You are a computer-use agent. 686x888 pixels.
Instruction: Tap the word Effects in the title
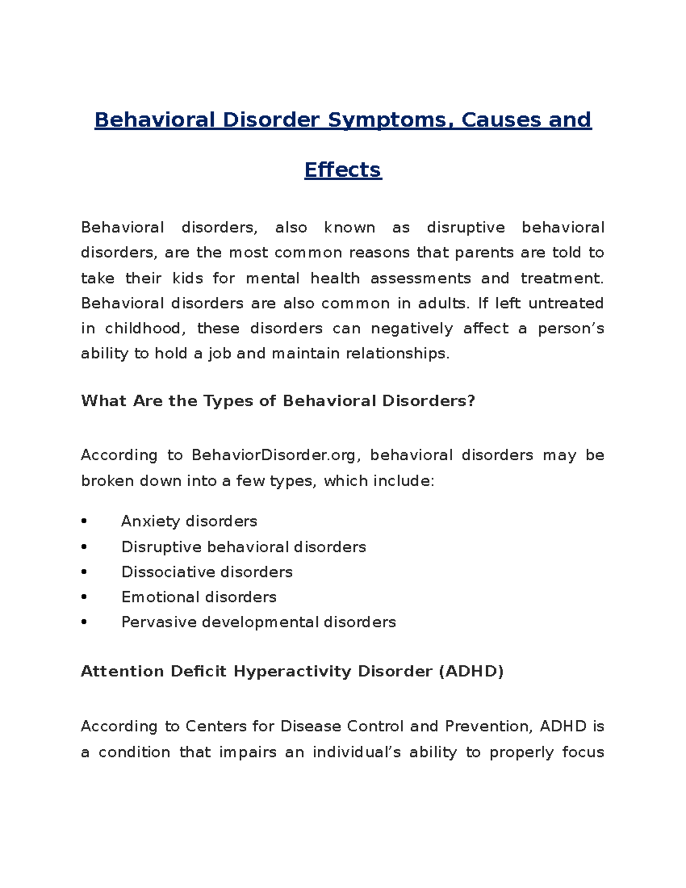pyautogui.click(x=342, y=170)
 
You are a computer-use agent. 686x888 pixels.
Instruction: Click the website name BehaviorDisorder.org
pyautogui.click(x=276, y=455)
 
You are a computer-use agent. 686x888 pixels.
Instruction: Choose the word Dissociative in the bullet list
pyautogui.click(x=168, y=572)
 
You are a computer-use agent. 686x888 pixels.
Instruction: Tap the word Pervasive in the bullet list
pyautogui.click(x=159, y=622)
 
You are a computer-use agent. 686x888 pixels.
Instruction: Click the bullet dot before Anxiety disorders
pyautogui.click(x=84, y=521)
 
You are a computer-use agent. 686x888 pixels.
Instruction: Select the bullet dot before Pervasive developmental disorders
pyautogui.click(x=84, y=622)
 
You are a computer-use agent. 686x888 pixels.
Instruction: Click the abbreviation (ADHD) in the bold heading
pyautogui.click(x=471, y=671)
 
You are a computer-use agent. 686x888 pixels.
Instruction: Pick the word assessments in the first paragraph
pyautogui.click(x=421, y=278)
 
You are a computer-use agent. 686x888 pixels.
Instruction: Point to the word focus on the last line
pyautogui.click(x=583, y=752)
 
